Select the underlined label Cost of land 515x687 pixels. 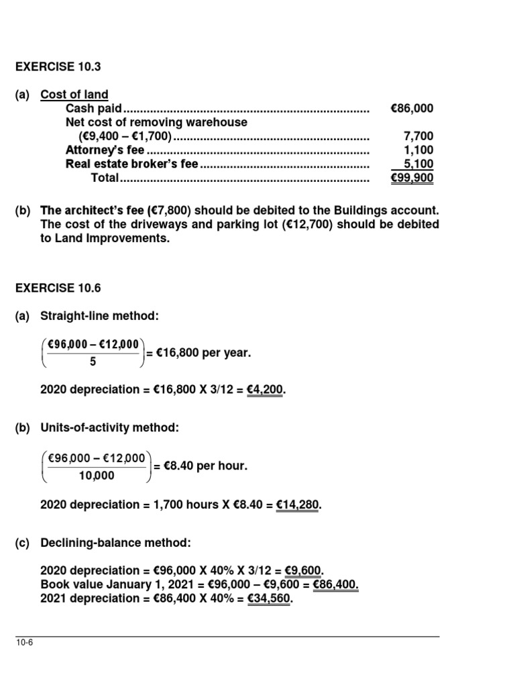click(x=74, y=95)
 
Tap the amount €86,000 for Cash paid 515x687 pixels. click(x=412, y=109)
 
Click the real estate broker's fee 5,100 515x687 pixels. click(x=418, y=164)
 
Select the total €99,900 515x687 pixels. click(x=412, y=178)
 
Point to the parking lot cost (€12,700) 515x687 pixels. click(x=307, y=224)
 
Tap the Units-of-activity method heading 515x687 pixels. click(x=109, y=427)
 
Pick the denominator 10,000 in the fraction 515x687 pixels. click(x=93, y=475)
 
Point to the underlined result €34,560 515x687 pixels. click(x=268, y=599)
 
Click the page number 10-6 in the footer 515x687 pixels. click(x=25, y=643)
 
